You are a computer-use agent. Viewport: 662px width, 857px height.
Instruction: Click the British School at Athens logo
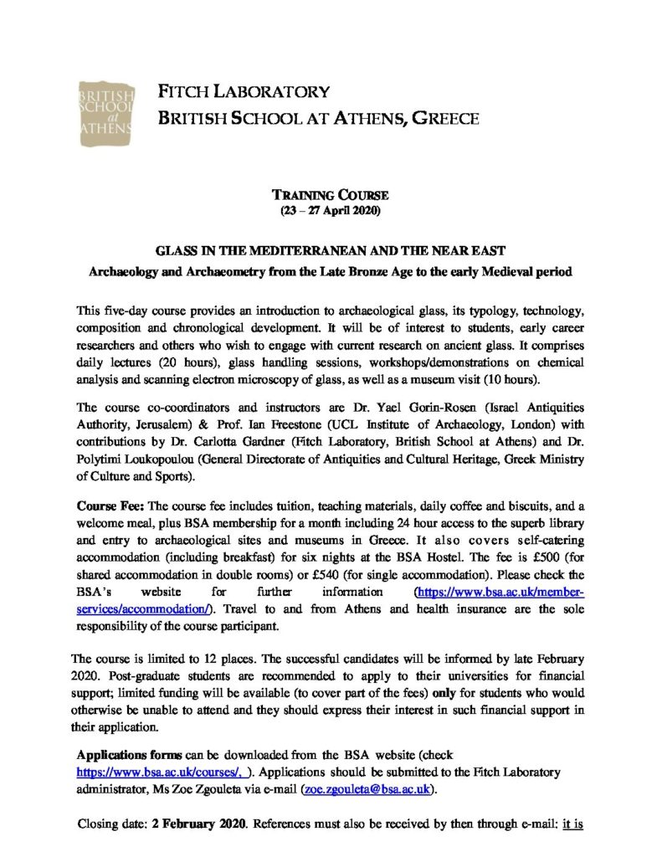coord(104,106)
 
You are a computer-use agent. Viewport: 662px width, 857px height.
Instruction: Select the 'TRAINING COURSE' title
coord(330,195)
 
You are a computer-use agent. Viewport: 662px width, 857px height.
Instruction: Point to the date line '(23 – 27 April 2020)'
coord(330,210)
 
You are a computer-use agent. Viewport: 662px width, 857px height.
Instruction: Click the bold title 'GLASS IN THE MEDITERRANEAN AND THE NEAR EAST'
coord(330,251)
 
